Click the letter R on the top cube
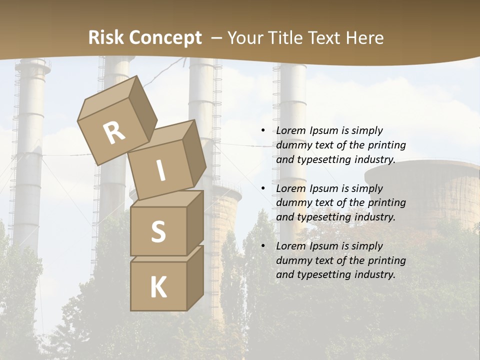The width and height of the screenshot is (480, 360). pyautogui.click(x=114, y=133)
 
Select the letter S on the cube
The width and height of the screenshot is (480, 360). pyautogui.click(x=158, y=232)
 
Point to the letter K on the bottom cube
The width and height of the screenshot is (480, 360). pyautogui.click(x=158, y=287)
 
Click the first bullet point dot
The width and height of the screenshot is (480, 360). pyautogui.click(x=263, y=130)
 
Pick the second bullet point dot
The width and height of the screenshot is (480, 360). pyautogui.click(x=263, y=188)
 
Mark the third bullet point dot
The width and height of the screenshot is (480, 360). pyautogui.click(x=263, y=246)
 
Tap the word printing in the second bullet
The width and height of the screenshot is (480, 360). pyautogui.click(x=386, y=203)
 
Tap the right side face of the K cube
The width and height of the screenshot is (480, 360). pyautogui.click(x=195, y=277)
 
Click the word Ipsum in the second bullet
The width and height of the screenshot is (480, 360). pyautogui.click(x=323, y=188)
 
